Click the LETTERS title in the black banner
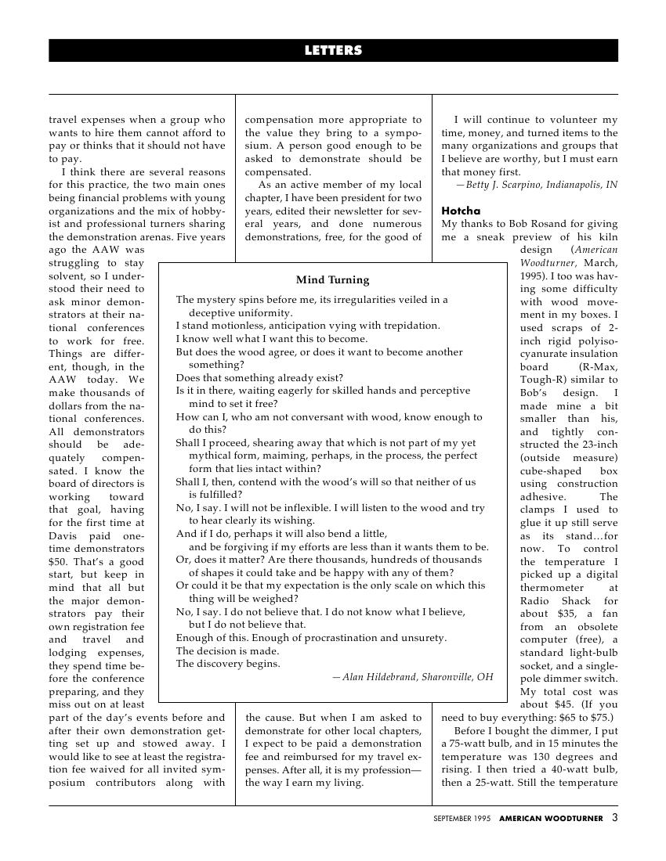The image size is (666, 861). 333,51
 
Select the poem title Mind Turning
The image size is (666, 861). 332,280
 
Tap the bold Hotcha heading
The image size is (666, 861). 461,211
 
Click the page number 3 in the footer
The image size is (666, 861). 615,818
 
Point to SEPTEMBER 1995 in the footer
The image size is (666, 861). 462,819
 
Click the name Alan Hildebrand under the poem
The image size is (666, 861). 379,677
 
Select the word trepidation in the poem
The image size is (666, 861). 404,326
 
